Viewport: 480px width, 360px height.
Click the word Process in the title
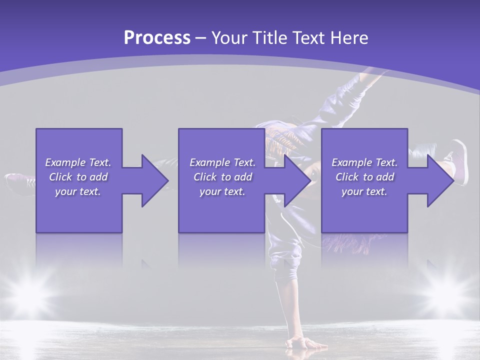point(157,38)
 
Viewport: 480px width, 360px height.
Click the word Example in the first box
point(65,162)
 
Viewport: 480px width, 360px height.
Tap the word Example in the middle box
point(209,162)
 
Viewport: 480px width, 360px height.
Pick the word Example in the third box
point(351,162)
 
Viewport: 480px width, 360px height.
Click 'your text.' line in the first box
point(78,191)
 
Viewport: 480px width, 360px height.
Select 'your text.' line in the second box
point(222,191)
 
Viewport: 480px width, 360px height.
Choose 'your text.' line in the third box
point(364,191)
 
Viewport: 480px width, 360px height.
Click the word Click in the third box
point(347,177)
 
